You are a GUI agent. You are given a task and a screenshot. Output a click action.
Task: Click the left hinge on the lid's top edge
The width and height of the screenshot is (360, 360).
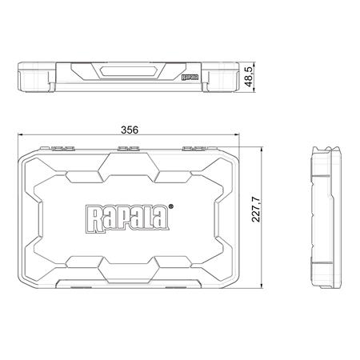61,148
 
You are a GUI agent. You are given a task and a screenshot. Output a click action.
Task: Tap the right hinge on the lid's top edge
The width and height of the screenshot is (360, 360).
193,148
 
